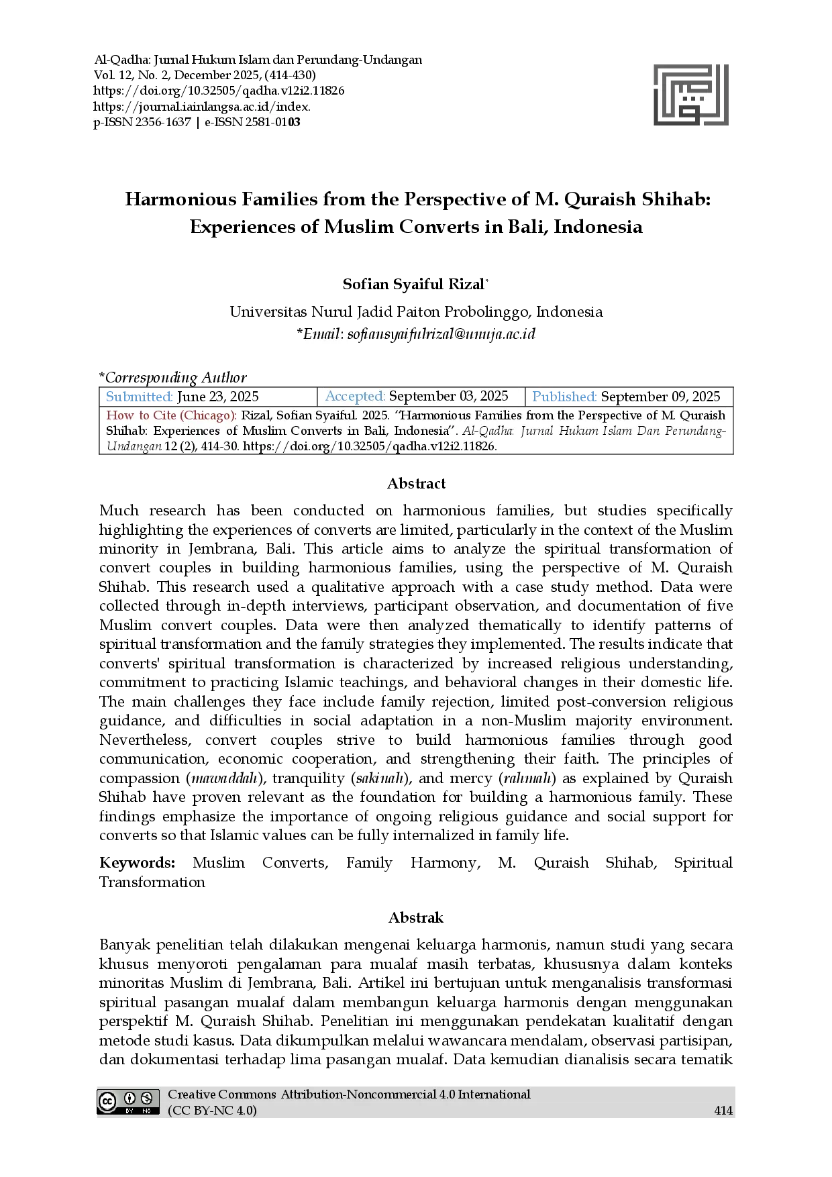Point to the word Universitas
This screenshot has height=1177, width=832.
click(x=268, y=312)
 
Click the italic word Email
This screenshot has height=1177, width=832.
click(x=323, y=334)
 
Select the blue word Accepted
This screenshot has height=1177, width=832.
click(x=355, y=397)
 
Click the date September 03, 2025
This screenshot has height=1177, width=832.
click(x=448, y=397)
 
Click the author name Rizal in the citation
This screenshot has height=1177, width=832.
click(x=256, y=415)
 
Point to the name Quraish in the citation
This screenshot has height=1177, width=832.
click(x=703, y=415)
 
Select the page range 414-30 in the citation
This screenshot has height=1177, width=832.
click(x=219, y=446)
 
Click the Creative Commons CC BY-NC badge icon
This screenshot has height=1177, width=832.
click(x=128, y=1102)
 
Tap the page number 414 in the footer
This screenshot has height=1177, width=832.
click(x=723, y=1111)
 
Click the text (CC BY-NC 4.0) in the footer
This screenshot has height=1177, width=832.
click(x=212, y=1111)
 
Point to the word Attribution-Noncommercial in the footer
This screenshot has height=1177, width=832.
click(x=358, y=1094)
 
